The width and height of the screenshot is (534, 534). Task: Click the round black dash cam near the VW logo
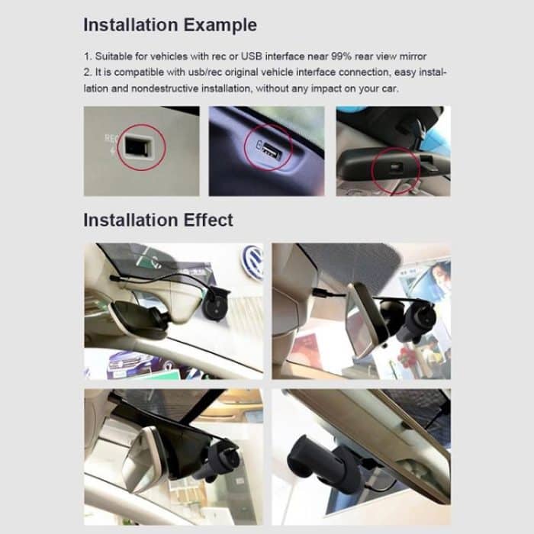point(216,304)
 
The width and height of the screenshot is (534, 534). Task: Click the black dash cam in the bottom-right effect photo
point(314,462)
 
